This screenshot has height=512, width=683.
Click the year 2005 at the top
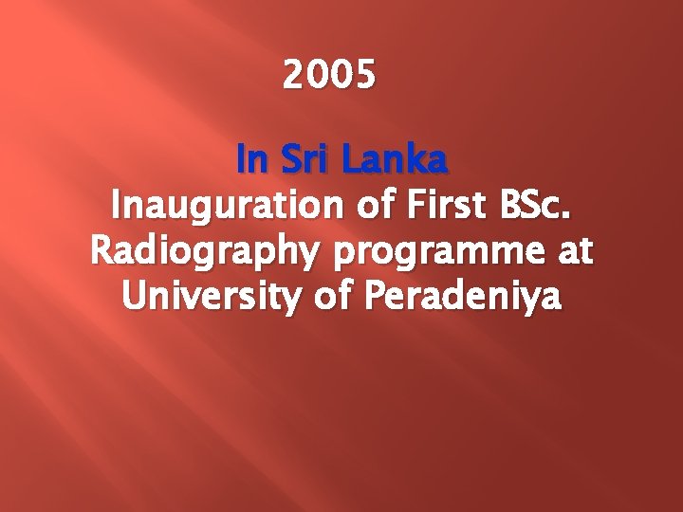pyautogui.click(x=329, y=73)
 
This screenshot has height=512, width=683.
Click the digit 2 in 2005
pyautogui.click(x=293, y=73)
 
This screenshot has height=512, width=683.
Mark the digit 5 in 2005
pyautogui.click(x=365, y=73)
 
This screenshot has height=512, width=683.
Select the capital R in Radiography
pyautogui.click(x=101, y=253)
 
